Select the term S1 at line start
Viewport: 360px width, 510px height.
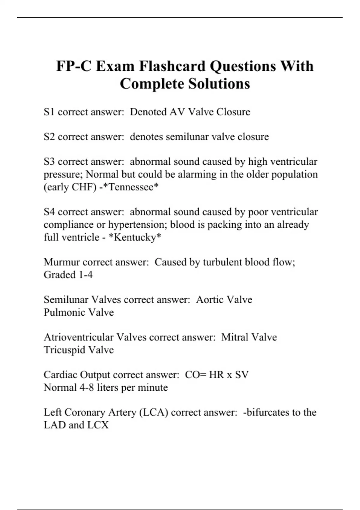(x=49, y=112)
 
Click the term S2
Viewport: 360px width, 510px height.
(x=49, y=137)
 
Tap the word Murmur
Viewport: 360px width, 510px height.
(x=61, y=262)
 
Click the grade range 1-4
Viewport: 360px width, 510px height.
(x=85, y=275)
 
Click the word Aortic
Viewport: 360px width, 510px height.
(x=209, y=300)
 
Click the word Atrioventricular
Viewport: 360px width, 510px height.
(x=79, y=337)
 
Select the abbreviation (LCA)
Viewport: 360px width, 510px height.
(x=154, y=412)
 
